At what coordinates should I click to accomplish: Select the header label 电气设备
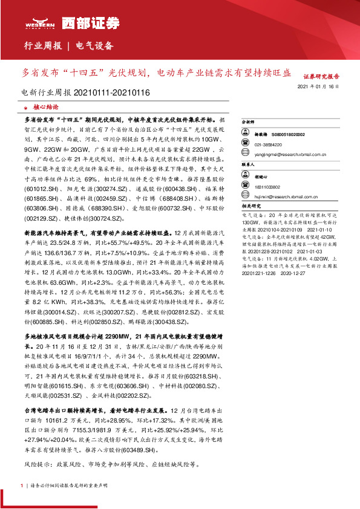tap(96, 46)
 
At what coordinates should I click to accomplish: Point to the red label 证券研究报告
tap(321, 77)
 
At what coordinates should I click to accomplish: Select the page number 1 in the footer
tap(22, 485)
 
